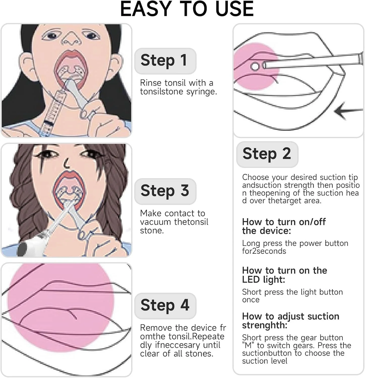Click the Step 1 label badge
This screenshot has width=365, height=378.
tap(165, 61)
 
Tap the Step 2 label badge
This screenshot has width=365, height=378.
tap(267, 154)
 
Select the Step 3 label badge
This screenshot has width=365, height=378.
tap(165, 191)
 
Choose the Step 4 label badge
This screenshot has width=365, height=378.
tap(165, 306)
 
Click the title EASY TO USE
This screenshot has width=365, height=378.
tap(187, 9)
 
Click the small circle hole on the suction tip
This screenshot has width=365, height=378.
tap(255, 67)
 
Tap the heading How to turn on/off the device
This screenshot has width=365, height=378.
tap(284, 226)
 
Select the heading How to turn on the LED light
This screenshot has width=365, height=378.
tap(285, 275)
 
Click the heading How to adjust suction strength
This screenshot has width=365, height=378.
tap(291, 321)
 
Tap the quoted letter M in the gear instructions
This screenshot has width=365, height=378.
tap(248, 345)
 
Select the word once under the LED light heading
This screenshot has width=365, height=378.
tap(251, 300)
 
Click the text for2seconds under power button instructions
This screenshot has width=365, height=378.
tap(264, 251)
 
